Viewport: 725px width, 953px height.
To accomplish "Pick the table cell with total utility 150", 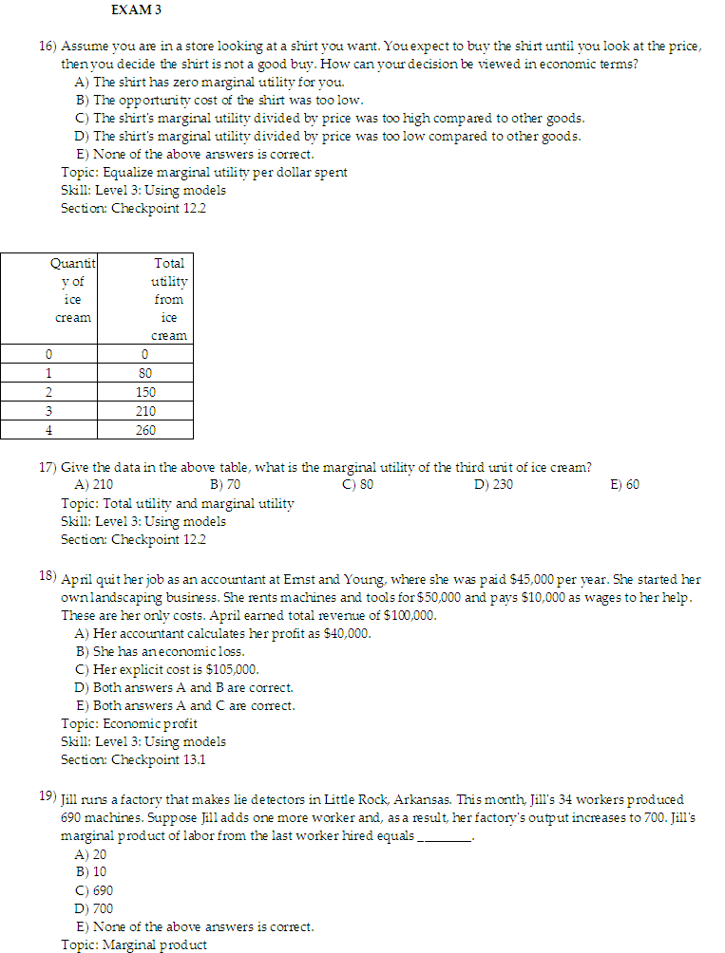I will point(145,392).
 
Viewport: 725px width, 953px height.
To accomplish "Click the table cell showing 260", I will point(145,430).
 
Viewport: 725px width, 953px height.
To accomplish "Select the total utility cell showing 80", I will point(145,373).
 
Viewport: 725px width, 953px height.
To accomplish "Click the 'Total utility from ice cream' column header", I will point(168,299).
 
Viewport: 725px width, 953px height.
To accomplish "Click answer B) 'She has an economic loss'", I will point(160,652).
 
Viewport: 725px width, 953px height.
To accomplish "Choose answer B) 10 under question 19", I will point(90,871).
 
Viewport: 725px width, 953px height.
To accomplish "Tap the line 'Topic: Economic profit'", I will point(129,724).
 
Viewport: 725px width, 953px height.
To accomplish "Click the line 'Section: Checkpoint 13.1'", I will point(133,760).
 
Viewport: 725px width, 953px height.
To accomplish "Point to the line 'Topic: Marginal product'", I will point(133,944).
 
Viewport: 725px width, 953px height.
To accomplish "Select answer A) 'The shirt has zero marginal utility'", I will point(209,83).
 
